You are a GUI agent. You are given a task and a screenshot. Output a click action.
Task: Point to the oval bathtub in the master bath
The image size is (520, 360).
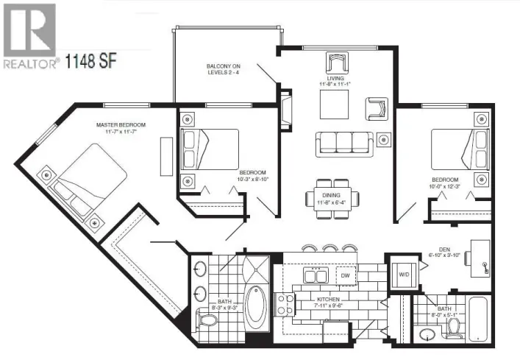click(x=257, y=308)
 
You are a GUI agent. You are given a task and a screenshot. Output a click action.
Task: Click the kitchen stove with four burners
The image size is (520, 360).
click(x=285, y=303)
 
